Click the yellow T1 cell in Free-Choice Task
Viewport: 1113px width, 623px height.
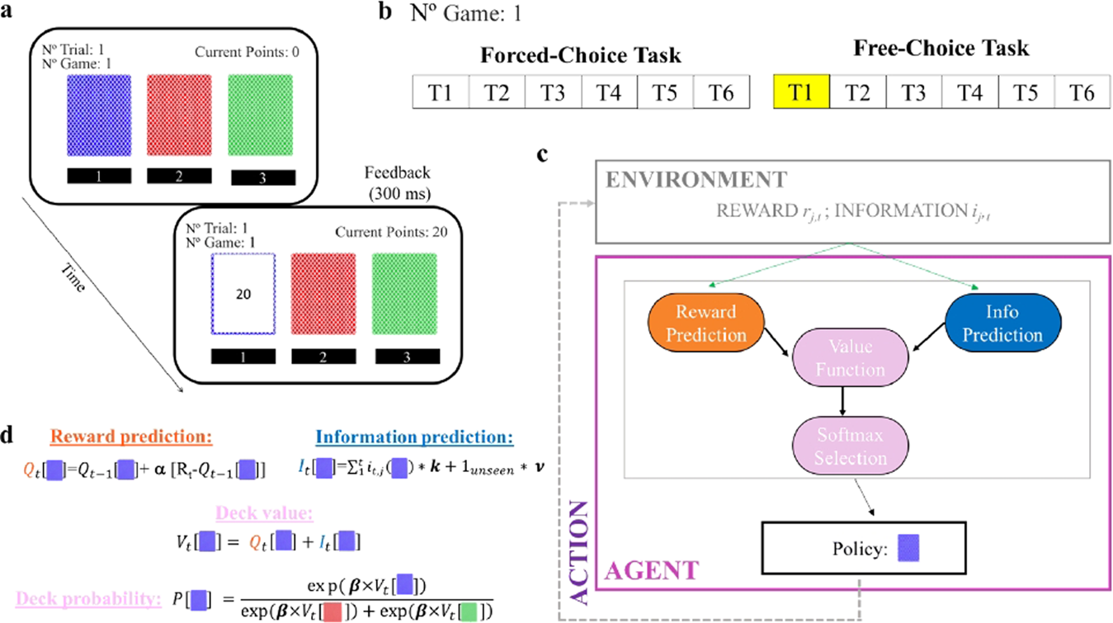point(801,92)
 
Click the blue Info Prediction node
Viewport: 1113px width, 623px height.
point(1003,323)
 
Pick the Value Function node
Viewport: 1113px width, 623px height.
point(851,360)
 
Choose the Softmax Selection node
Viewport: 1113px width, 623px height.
point(850,446)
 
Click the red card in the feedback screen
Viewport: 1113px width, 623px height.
point(323,294)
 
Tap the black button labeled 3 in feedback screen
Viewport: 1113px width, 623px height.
point(406,356)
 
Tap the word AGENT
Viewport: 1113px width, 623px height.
point(653,569)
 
